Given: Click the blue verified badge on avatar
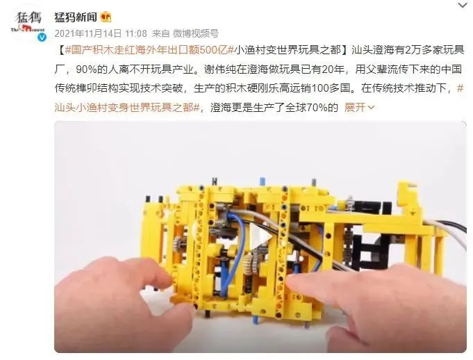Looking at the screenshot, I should pos(41,40).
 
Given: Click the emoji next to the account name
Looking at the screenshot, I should pos(106,16).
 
